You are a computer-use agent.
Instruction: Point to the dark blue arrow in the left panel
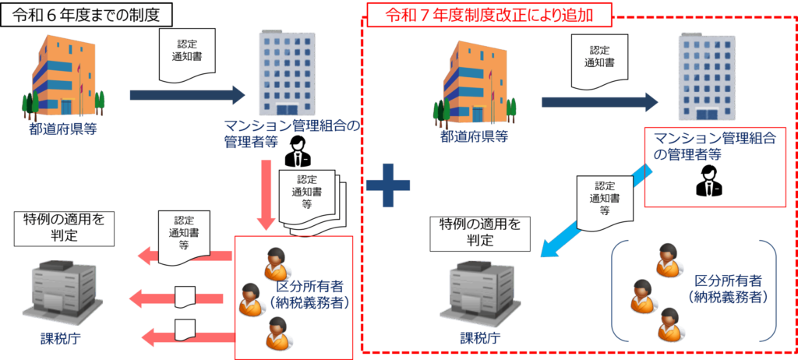186,94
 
